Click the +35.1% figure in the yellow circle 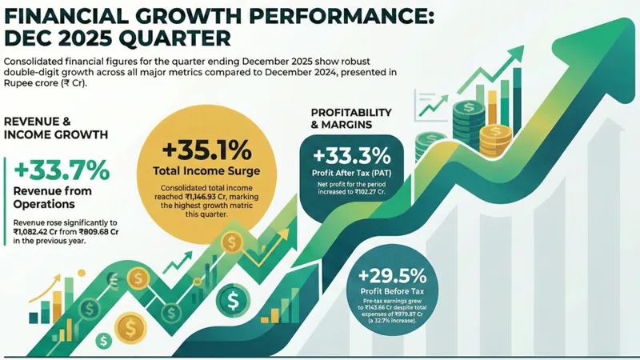206,150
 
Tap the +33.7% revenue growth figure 62,170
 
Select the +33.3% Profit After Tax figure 351,156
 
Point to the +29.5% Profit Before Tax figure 392,276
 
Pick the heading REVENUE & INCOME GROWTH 56,128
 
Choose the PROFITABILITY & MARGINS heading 351,118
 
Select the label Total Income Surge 206,170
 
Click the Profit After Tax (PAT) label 351,173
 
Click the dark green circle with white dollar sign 233,301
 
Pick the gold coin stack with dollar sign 495,141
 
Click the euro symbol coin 113,279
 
